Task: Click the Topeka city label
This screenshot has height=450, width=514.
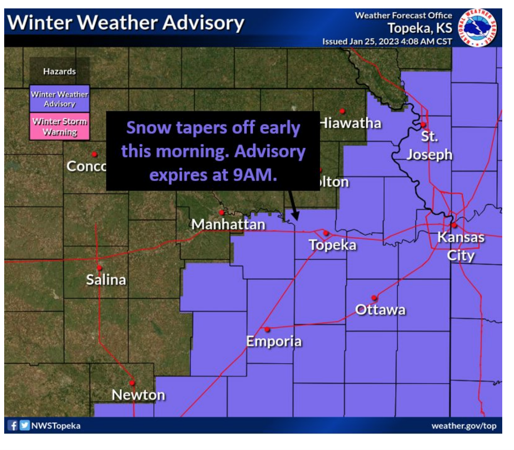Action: [333, 245]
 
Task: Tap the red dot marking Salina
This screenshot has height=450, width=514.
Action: [100, 267]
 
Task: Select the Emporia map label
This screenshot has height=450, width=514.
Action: [274, 341]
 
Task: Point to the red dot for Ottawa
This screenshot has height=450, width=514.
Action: [374, 298]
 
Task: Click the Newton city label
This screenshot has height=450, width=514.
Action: [139, 395]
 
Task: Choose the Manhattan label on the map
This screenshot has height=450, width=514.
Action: [228, 224]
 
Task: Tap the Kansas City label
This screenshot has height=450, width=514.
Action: [461, 246]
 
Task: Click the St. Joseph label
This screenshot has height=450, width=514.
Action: [430, 145]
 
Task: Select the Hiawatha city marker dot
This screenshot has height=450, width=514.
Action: [342, 111]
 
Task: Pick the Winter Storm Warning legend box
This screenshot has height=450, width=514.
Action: [60, 126]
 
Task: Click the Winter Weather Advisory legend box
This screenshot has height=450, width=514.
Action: [60, 99]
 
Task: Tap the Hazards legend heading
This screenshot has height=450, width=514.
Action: [60, 71]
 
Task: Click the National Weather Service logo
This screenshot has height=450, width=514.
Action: [477, 28]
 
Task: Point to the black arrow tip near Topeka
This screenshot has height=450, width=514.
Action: [296, 218]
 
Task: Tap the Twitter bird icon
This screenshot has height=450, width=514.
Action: [25, 426]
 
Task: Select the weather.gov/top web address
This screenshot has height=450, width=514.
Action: [464, 426]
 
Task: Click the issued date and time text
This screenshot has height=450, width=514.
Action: [387, 42]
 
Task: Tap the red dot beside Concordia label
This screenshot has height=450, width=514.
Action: [94, 154]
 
